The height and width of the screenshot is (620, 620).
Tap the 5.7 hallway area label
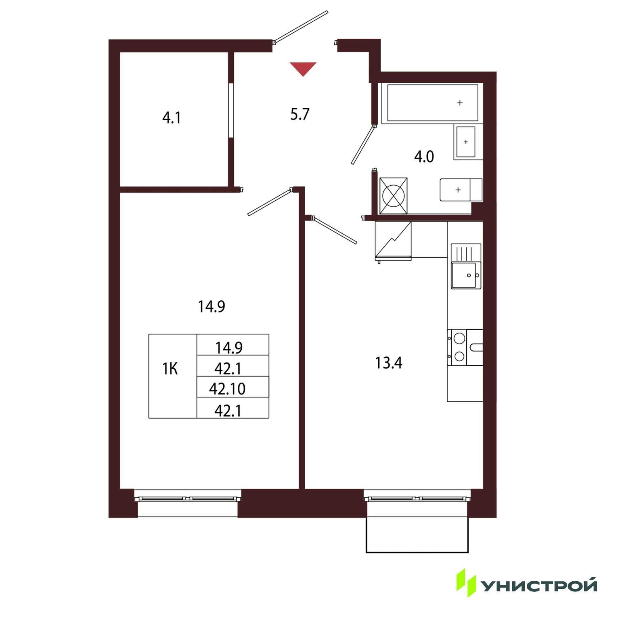(300, 114)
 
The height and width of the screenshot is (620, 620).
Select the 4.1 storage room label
(172, 118)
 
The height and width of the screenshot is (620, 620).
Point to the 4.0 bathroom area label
(424, 156)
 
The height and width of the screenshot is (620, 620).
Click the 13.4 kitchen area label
(389, 363)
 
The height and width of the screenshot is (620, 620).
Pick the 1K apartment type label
(170, 369)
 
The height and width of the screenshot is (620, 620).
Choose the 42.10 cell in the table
(227, 388)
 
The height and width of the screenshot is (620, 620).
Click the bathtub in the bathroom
(432, 103)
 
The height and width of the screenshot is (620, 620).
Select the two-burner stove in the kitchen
(465, 347)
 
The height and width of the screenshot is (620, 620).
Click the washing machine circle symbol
(393, 196)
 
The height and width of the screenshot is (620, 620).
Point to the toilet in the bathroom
(461, 190)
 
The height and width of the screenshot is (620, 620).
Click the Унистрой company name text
(540, 586)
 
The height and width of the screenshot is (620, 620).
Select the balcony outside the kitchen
(417, 534)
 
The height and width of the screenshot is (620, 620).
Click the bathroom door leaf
(364, 145)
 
